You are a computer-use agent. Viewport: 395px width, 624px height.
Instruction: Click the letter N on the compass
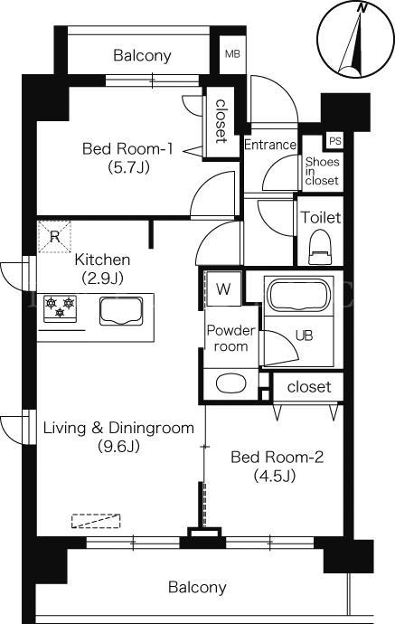point(362,8)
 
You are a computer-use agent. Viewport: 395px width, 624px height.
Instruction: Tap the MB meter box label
point(232,53)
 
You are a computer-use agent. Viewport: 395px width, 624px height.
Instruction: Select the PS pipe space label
point(335,141)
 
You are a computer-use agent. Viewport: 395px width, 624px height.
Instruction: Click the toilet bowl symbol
point(320,247)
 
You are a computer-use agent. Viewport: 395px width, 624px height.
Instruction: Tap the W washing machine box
point(223,288)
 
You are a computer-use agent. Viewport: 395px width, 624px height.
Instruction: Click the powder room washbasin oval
point(230,383)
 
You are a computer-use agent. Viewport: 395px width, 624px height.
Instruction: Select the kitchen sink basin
point(121,311)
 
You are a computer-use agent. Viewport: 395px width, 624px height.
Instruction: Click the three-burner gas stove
point(60,308)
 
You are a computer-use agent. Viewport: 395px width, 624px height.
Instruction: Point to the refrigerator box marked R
point(54,236)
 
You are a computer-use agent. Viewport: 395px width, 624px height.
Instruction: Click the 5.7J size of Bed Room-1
point(128,167)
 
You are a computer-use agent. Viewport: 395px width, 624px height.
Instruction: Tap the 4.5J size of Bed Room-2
point(275,475)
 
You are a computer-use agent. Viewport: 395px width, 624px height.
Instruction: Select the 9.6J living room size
point(118,447)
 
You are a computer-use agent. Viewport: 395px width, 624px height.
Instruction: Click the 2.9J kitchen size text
point(102,278)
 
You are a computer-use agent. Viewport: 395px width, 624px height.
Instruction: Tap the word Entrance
point(270,145)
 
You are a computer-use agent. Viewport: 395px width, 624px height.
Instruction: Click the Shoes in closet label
point(322,171)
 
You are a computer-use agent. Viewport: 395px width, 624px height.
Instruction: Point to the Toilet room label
point(320,217)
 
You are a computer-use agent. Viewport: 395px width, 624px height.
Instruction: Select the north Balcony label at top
point(142,55)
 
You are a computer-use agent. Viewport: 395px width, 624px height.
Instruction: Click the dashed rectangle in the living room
point(96,521)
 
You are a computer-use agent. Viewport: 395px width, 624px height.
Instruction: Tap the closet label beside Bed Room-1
point(221,121)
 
